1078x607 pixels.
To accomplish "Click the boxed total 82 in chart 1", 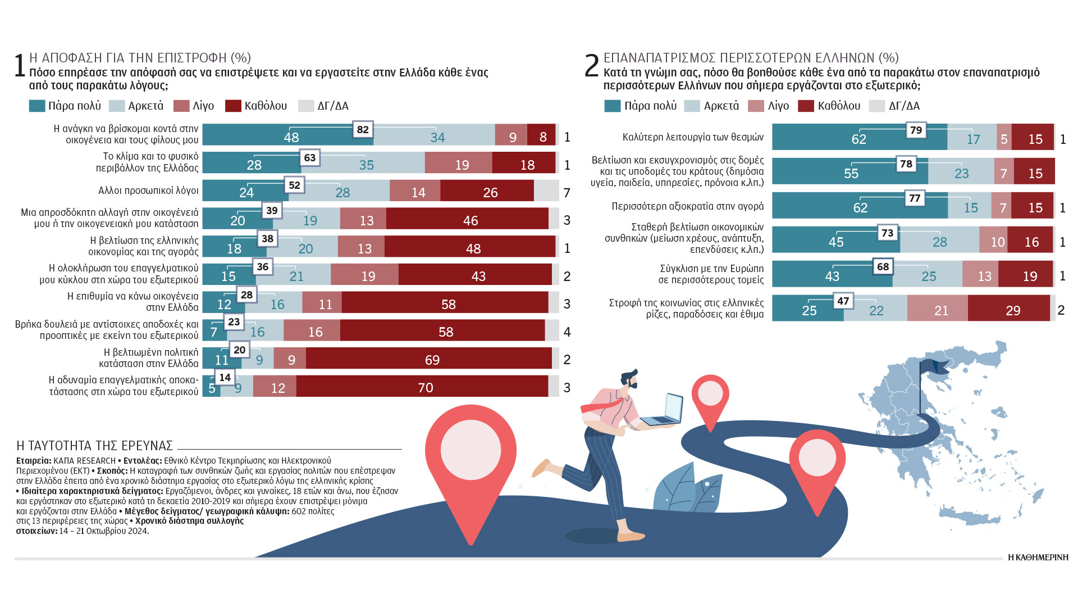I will (x=363, y=130).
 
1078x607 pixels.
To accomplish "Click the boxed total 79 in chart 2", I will (x=916, y=130).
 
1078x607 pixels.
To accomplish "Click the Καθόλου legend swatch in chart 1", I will (x=233, y=106).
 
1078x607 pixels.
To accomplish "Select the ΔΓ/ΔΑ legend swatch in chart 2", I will (x=876, y=106).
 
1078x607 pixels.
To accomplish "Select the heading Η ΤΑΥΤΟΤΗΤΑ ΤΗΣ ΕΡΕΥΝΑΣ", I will (x=95, y=446).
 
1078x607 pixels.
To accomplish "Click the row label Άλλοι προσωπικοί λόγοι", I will (x=148, y=191).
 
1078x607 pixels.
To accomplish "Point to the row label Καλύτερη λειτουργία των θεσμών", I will (x=693, y=137).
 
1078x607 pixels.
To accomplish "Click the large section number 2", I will (x=592, y=66).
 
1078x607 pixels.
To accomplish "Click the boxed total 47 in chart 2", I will (x=843, y=301).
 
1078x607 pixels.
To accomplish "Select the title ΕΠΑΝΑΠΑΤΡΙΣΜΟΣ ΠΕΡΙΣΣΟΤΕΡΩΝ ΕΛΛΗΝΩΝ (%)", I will (x=751, y=58).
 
